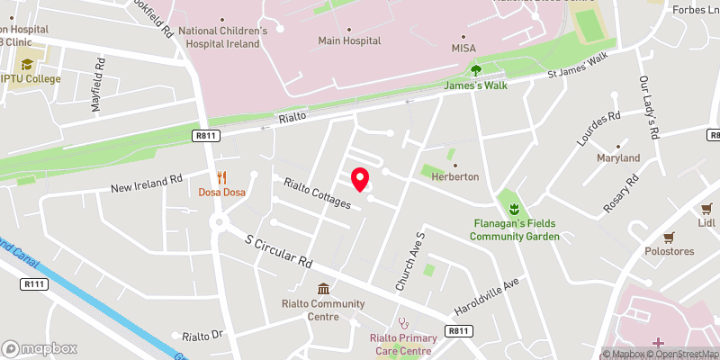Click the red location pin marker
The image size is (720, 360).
click(x=359, y=179)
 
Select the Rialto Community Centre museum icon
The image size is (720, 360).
click(x=322, y=288)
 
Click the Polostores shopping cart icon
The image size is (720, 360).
click(x=668, y=238)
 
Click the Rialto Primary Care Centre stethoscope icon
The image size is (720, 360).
click(x=404, y=321)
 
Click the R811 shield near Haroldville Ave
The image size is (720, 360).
click(x=459, y=331)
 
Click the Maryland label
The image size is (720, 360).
click(x=618, y=157)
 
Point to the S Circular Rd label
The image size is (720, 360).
click(x=279, y=251)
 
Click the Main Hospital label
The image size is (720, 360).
click(x=349, y=40)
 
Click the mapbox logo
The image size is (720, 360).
click(x=40, y=348)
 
